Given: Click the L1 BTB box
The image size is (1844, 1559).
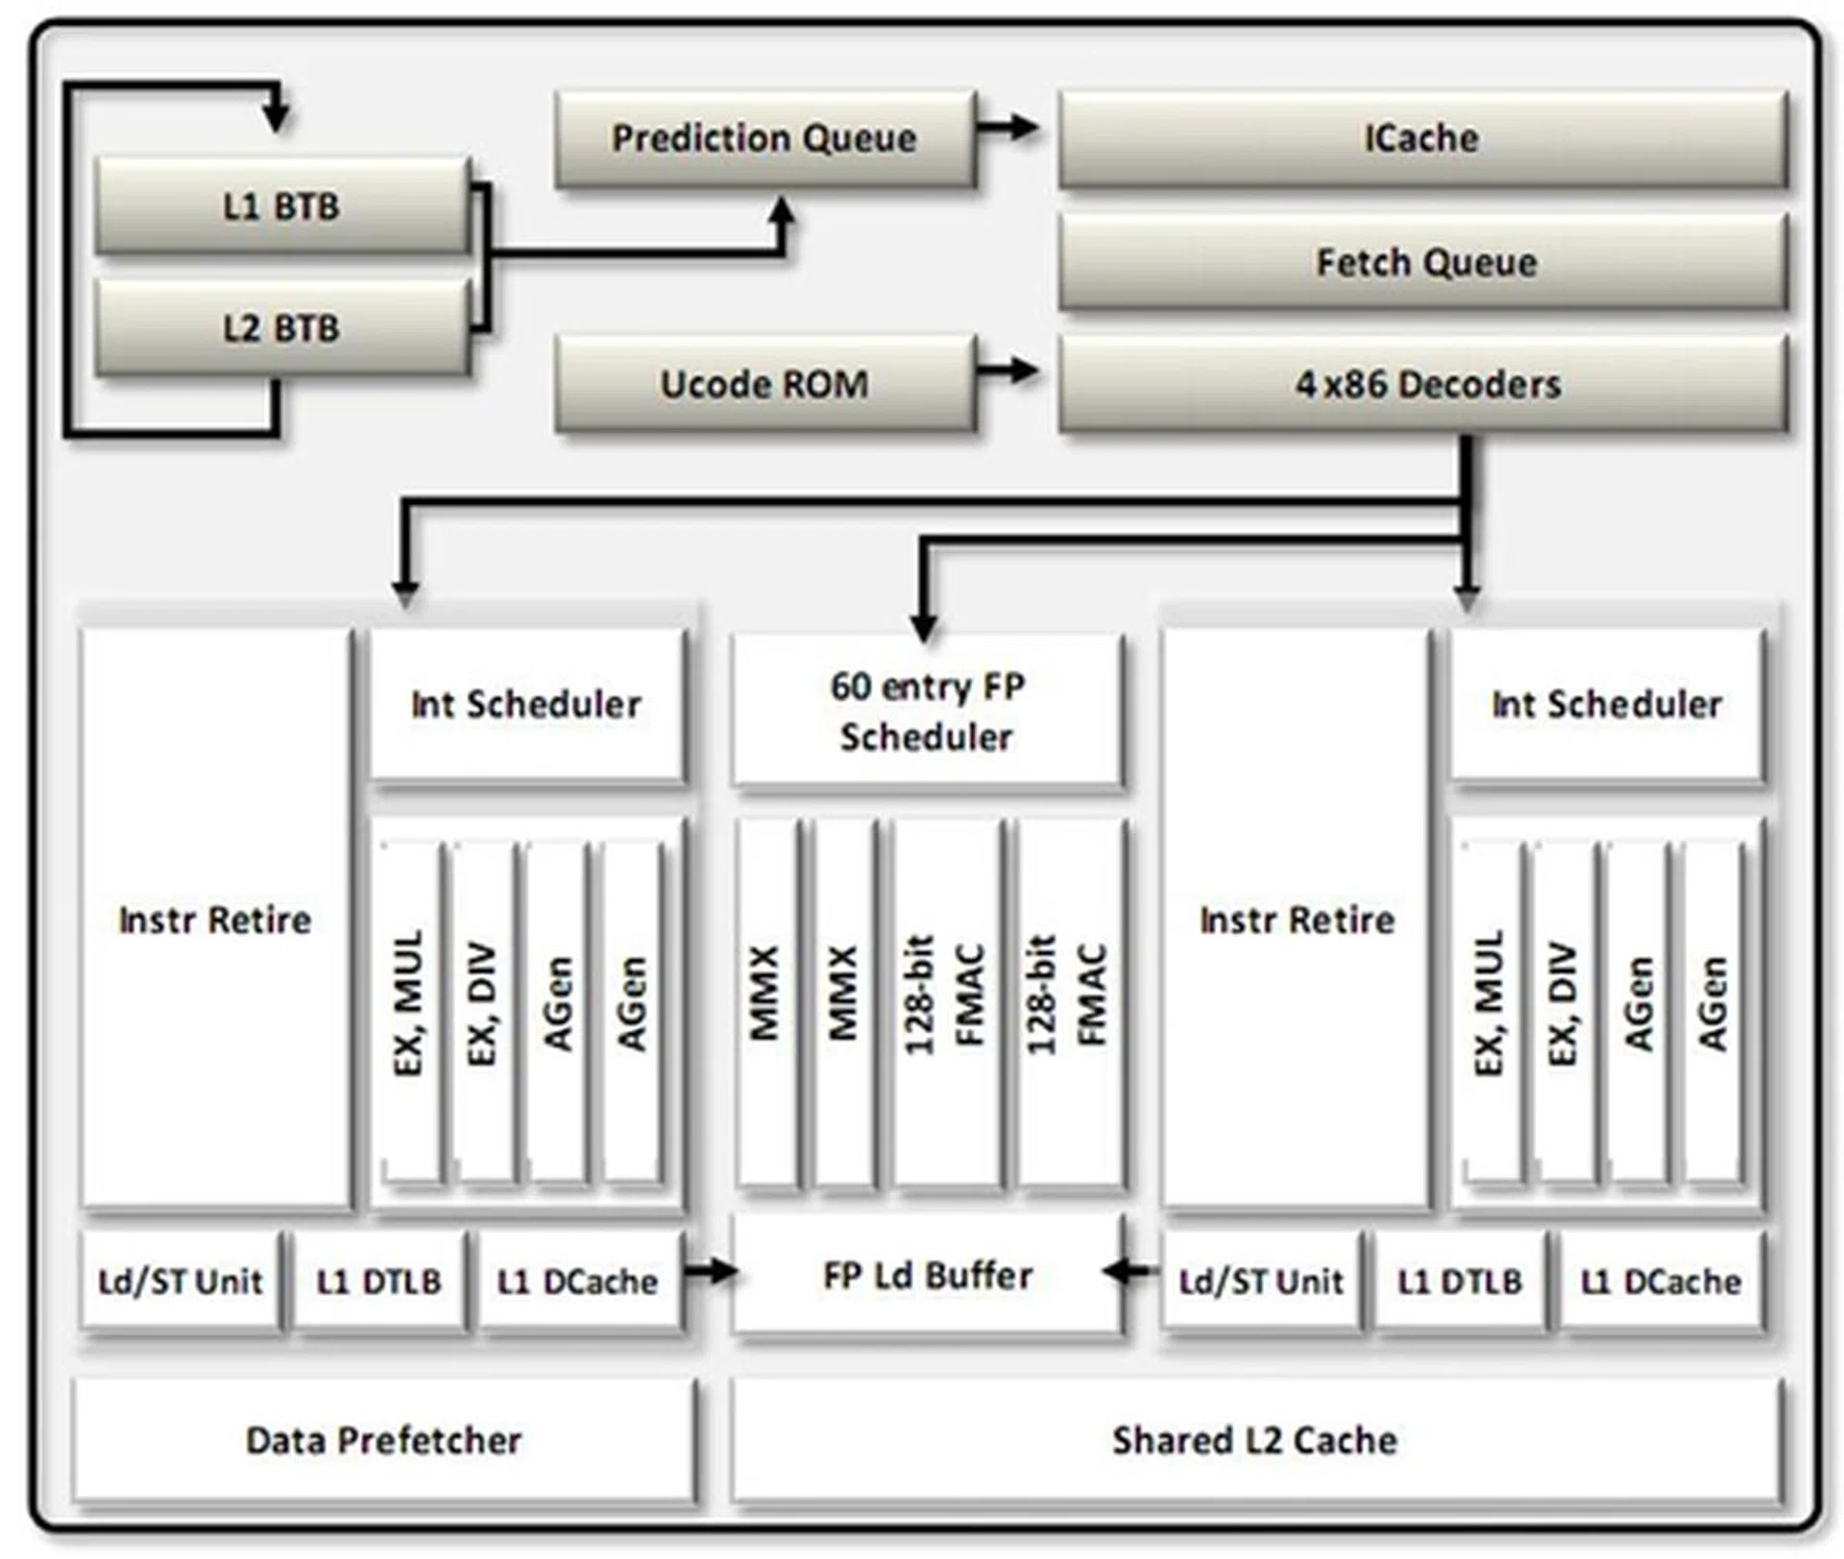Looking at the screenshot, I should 281,206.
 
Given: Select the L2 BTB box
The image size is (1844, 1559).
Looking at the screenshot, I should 281,328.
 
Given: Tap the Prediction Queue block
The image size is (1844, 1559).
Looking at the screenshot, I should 764,138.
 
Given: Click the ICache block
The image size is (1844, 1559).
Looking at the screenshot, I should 1422,138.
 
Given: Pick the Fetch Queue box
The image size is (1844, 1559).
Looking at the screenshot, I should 1424,261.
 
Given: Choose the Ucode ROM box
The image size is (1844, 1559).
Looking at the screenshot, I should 764,384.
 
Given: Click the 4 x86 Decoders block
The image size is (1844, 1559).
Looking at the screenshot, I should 1424,384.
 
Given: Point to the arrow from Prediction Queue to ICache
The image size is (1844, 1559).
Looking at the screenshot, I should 1008,126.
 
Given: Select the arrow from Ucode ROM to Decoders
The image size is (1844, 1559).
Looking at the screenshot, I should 1008,370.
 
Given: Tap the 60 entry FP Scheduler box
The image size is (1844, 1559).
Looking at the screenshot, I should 927,711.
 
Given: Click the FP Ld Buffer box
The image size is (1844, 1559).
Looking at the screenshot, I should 927,1275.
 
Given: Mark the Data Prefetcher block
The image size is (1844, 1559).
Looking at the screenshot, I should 384,1440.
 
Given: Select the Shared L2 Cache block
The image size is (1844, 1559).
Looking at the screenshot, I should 1255,1440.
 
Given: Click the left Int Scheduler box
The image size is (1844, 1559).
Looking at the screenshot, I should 526,704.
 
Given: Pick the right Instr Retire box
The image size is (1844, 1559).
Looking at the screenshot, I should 1296,919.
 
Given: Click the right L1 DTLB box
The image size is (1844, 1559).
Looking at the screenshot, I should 1460,1281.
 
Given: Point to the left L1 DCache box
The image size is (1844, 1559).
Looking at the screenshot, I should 578,1281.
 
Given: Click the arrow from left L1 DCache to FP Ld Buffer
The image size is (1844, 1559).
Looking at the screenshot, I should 711,1272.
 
